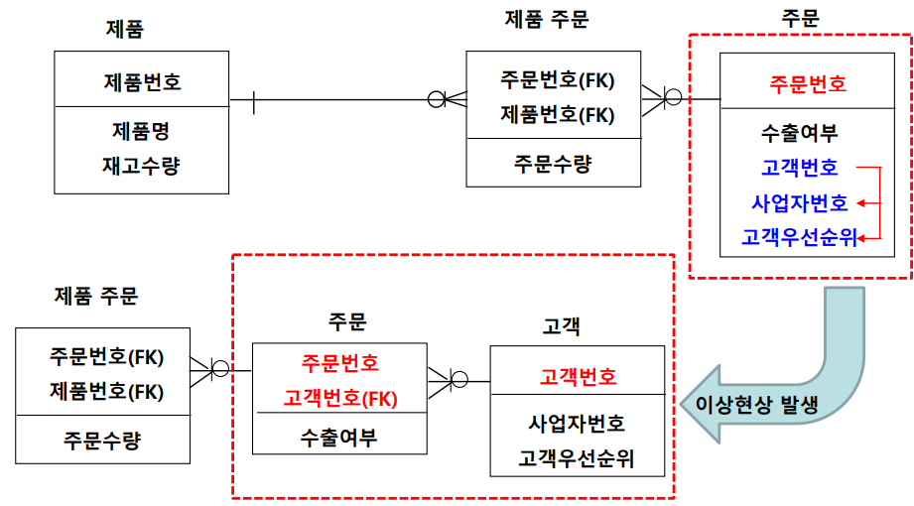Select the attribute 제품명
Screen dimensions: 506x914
pos(141,131)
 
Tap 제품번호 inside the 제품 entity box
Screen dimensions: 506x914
pos(141,80)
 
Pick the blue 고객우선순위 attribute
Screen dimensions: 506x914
pos(799,237)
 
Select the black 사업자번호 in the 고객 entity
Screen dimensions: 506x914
pos(577,424)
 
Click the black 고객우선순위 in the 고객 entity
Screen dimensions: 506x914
pos(577,459)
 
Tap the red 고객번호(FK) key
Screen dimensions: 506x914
pos(340,398)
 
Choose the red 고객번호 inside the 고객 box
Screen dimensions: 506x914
pos(578,376)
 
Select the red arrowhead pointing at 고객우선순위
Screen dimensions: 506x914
pos(861,237)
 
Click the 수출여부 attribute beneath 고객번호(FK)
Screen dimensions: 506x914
pos(339,438)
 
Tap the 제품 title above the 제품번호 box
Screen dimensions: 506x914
pos(125,29)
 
